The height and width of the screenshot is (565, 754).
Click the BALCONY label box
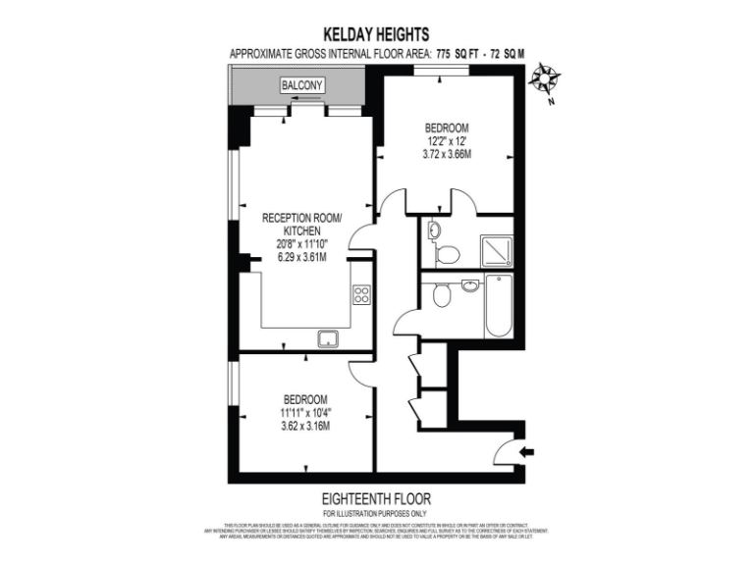point(302,85)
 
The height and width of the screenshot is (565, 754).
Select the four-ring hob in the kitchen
point(361,293)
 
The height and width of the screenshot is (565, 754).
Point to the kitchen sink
point(328,338)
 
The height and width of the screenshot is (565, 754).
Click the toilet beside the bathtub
point(443,294)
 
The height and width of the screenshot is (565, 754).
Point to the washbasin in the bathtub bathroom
point(470,285)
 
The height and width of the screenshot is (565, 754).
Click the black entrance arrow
point(527,451)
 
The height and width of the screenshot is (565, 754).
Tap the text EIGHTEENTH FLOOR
point(377,499)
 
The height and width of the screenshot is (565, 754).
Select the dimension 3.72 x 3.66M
point(446,154)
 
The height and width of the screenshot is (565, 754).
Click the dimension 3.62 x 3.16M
point(304,426)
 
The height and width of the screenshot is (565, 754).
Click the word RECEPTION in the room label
point(289,217)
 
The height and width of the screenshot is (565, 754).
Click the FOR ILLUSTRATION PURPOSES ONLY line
point(377,514)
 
